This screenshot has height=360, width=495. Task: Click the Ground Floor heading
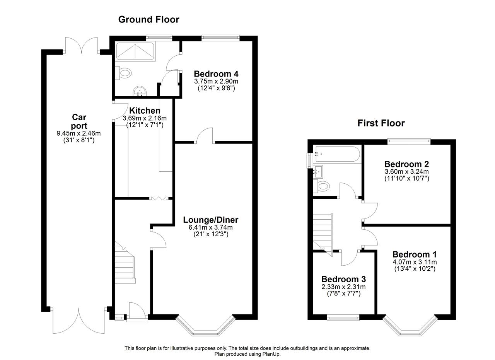tap(149, 19)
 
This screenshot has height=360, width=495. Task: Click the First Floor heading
tap(381, 123)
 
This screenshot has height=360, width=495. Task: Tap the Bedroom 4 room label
tap(216, 73)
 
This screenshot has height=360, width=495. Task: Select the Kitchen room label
tap(145, 111)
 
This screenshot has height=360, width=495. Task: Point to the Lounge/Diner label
tap(211, 220)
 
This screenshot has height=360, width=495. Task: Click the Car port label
tap(79, 121)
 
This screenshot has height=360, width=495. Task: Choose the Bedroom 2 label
tap(406, 164)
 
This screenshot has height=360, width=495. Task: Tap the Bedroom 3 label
tap(344, 279)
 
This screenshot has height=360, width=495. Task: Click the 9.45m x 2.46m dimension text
tap(79, 133)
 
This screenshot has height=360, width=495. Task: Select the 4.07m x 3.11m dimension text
tap(415, 262)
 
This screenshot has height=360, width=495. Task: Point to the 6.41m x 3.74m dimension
tap(211, 227)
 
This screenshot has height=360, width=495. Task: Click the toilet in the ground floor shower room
tap(123, 72)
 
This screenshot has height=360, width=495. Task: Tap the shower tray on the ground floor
tap(135, 51)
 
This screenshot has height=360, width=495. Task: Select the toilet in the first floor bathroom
tap(321, 186)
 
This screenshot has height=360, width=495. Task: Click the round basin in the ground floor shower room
tap(140, 91)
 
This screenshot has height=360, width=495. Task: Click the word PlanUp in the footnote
tap(271, 354)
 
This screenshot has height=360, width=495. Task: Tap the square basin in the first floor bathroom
tap(318, 172)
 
